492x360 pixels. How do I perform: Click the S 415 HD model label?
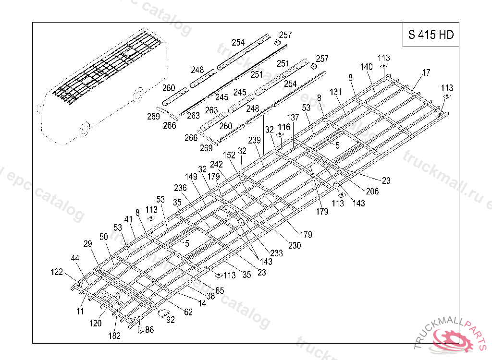(430, 35)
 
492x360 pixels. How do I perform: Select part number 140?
(367, 67)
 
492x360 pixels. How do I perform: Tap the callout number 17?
(426, 73)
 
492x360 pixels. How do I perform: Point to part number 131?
(336, 92)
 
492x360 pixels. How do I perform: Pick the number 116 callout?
(284, 127)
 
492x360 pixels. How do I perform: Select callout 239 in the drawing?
(255, 140)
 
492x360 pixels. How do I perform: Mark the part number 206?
(372, 192)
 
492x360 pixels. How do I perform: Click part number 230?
(295, 245)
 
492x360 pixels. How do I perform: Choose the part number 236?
(180, 188)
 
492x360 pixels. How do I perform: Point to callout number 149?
(191, 177)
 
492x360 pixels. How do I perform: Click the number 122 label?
(57, 272)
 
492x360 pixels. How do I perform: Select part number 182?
(114, 336)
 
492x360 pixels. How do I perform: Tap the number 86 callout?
(149, 330)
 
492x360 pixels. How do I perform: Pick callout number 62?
(188, 312)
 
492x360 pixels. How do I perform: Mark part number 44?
(75, 259)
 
